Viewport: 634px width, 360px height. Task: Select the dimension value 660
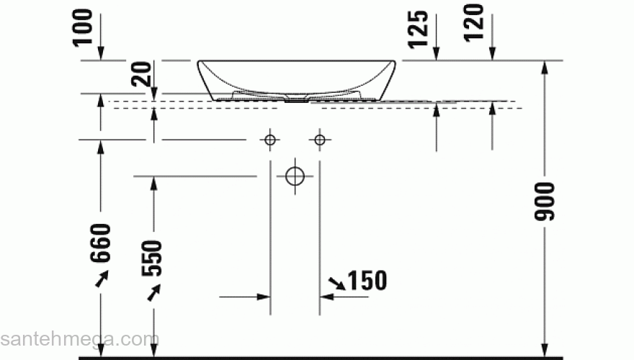[101, 243]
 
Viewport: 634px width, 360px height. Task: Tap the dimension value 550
[153, 258]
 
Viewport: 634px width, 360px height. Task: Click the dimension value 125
[421, 30]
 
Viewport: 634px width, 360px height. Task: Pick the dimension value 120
[476, 27]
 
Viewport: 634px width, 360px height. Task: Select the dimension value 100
[84, 27]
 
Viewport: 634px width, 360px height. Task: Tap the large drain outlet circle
[295, 176]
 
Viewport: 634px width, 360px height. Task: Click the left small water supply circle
[270, 139]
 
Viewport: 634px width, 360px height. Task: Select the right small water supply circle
[320, 139]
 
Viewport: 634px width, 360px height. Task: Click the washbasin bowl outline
[295, 78]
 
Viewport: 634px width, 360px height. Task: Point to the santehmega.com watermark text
[79, 338]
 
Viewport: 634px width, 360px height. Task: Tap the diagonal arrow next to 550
[153, 292]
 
